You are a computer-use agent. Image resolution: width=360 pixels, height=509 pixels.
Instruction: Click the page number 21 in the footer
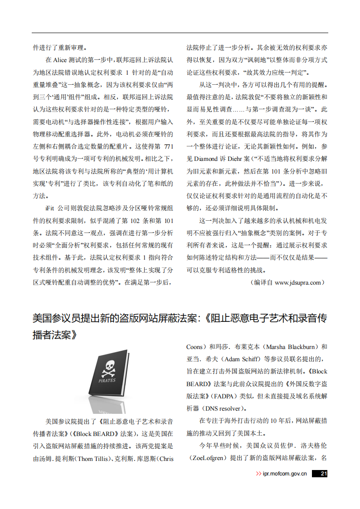(x=323, y=474)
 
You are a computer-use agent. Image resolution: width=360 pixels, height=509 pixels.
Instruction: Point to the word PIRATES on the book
(x=107, y=380)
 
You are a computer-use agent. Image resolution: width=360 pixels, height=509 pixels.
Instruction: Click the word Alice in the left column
(x=60, y=60)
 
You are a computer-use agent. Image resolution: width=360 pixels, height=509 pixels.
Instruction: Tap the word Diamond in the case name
(x=206, y=159)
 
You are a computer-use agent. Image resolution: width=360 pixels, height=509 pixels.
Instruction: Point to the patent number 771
(x=168, y=146)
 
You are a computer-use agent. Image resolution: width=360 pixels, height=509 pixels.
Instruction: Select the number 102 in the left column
(x=136, y=221)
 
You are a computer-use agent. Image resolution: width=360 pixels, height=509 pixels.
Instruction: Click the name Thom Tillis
(x=93, y=459)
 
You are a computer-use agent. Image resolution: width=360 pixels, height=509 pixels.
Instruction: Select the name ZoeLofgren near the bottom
(x=208, y=458)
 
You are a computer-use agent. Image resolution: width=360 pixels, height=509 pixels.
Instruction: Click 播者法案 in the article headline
(x=54, y=336)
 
